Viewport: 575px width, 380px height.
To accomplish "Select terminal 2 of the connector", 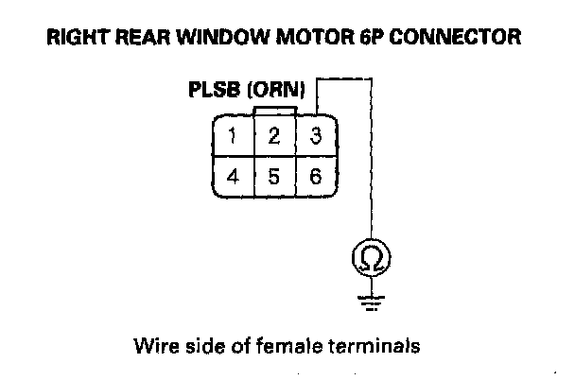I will [273, 136].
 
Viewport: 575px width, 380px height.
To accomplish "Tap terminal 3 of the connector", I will [316, 136].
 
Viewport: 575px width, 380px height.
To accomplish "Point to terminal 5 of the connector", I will [273, 176].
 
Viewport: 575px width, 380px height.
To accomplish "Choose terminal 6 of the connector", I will [316, 176].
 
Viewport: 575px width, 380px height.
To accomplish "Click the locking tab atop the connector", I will [274, 110].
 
